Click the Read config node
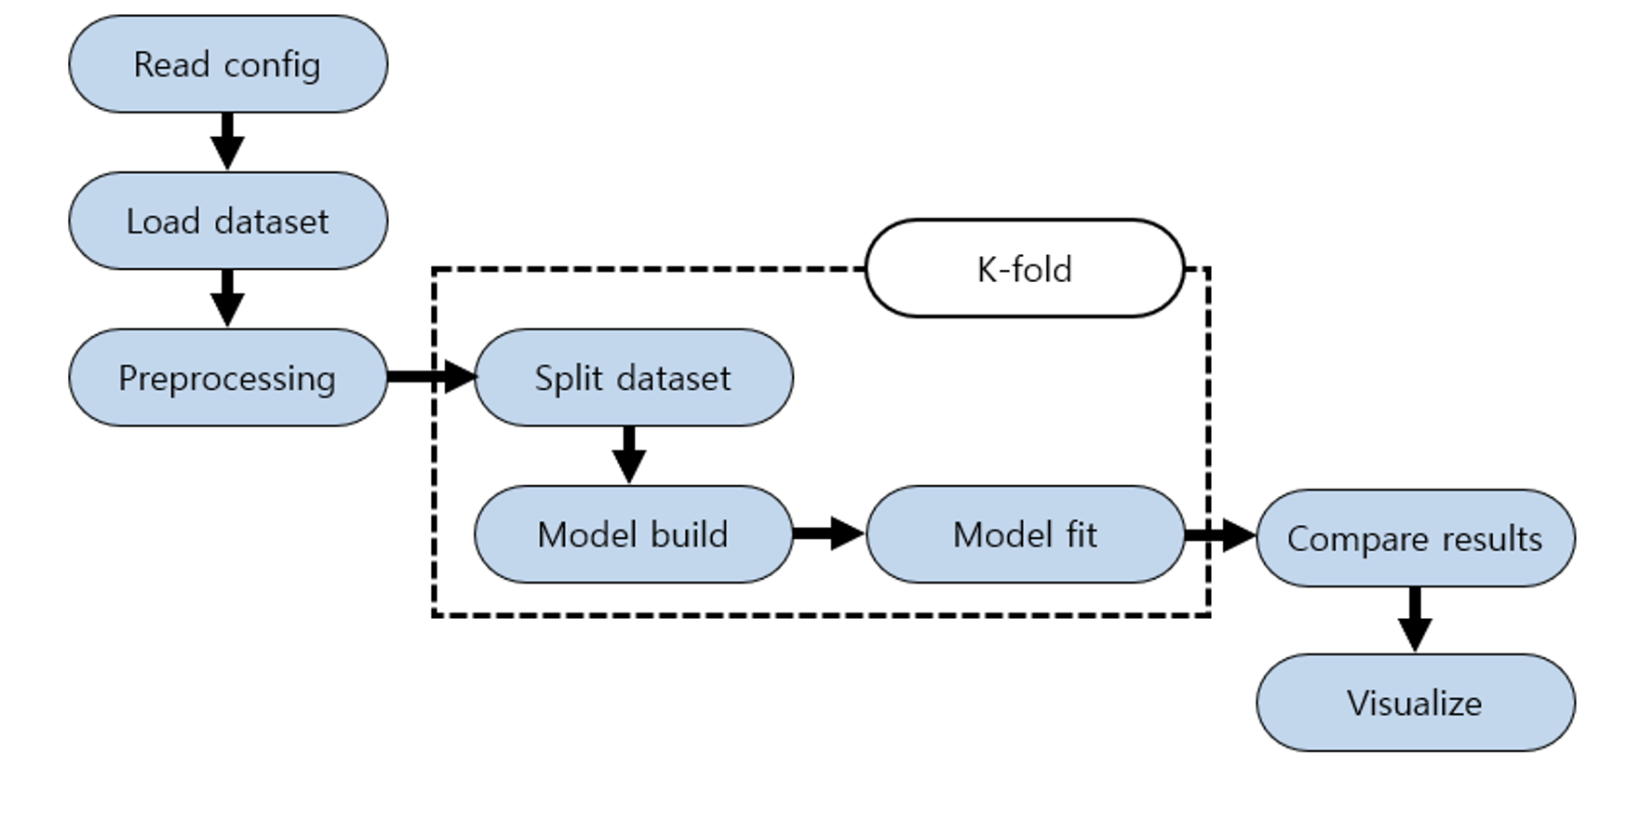pos(227,64)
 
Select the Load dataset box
pos(227,221)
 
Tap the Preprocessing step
pos(227,377)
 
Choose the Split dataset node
pos(633,377)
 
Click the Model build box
pos(633,534)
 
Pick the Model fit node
pos(1025,534)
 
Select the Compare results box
pos(1415,538)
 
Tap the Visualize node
pos(1415,703)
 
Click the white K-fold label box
pos(1025,269)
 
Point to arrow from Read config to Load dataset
pos(227,141)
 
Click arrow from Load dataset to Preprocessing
pos(227,297)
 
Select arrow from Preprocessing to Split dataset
pos(430,377)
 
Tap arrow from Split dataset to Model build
pos(629,454)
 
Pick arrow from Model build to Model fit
pos(828,533)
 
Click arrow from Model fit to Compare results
pos(1220,535)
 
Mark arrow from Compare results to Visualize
pos(1415,619)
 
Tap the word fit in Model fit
pos(1081,534)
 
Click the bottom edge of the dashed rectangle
pos(819,614)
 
